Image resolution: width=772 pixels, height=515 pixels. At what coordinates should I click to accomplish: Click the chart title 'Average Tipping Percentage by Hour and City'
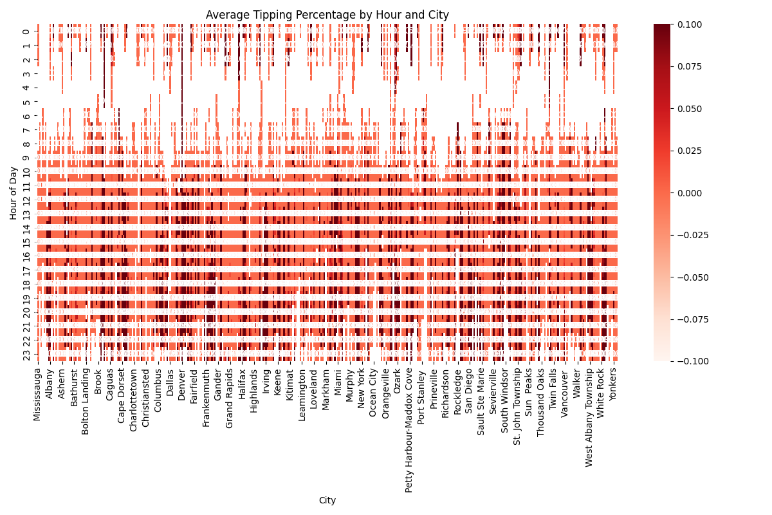point(327,15)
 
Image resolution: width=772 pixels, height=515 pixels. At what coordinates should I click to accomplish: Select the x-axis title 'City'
point(327,500)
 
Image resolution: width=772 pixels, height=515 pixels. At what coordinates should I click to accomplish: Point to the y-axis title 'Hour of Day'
point(14,192)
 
